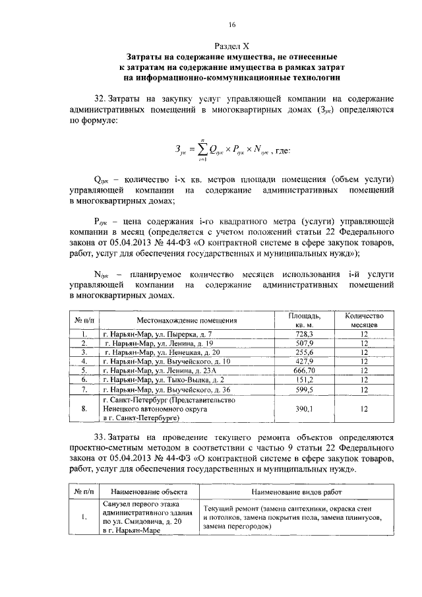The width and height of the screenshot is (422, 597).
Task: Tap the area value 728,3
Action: click(305, 334)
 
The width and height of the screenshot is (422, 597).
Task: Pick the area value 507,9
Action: click(305, 344)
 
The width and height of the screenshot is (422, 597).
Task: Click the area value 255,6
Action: click(305, 353)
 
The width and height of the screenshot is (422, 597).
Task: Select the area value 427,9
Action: click(305, 362)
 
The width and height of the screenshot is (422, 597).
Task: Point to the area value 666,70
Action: click(305, 371)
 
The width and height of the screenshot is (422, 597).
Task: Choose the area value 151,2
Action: click(305, 381)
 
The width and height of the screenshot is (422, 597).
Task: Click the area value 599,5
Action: click(305, 390)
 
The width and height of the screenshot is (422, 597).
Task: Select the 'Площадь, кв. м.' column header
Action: click(305, 321)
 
